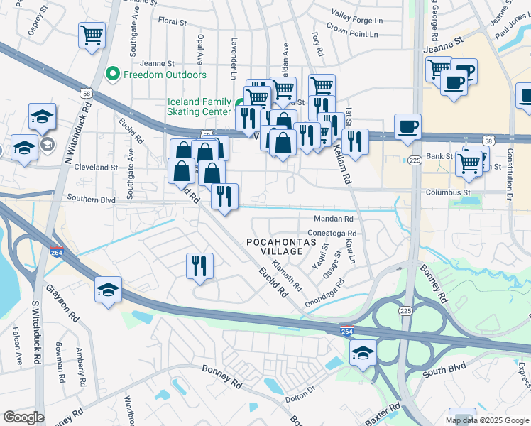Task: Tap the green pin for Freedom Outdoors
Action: (111, 75)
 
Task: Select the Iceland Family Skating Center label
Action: (199, 106)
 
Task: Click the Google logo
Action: (23, 417)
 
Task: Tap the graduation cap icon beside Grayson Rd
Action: (108, 290)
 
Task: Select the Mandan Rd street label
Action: (334, 219)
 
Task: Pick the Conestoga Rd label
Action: (332, 233)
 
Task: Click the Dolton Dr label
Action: (301, 393)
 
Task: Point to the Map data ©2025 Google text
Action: (486, 420)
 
